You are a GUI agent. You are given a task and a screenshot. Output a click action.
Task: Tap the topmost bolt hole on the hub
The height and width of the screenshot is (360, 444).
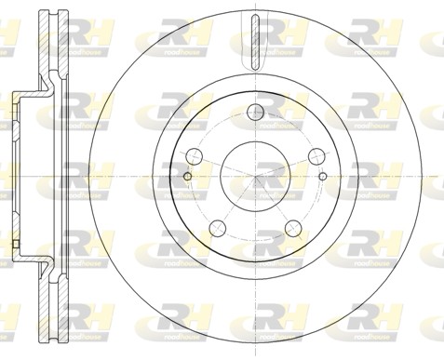pyautogui.click(x=254, y=113)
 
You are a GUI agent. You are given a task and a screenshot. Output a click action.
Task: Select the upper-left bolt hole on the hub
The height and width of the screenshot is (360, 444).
pyautogui.click(x=195, y=155)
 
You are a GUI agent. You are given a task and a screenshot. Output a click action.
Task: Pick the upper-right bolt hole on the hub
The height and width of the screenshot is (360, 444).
pyautogui.click(x=314, y=155)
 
